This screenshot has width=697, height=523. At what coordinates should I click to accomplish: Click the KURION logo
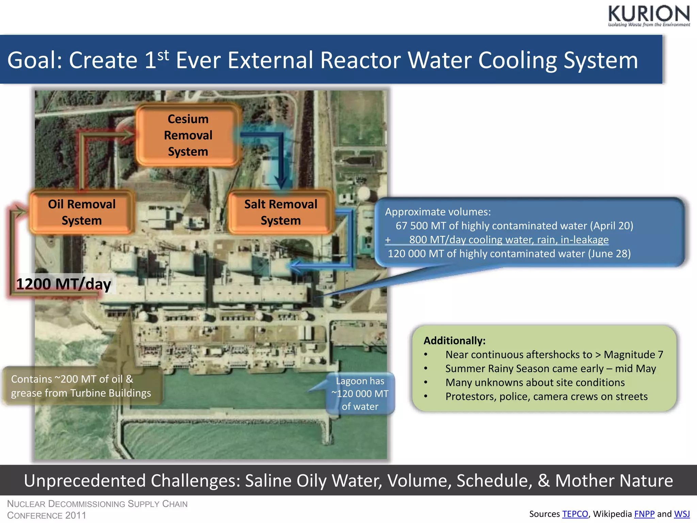click(x=648, y=15)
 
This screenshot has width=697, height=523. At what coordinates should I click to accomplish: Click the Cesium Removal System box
click(x=188, y=135)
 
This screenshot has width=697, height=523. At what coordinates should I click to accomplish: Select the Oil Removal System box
click(x=82, y=212)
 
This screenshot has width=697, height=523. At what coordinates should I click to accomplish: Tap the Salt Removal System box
click(x=280, y=212)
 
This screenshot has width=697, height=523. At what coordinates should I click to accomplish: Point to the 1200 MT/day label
click(x=64, y=284)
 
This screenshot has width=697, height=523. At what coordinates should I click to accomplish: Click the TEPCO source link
click(x=575, y=514)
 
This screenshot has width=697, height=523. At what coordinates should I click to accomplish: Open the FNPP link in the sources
click(x=644, y=514)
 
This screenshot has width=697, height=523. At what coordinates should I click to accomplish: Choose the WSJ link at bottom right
click(x=682, y=514)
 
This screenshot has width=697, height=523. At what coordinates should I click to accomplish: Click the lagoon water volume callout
click(x=360, y=394)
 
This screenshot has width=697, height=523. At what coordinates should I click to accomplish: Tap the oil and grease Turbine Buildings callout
click(x=81, y=386)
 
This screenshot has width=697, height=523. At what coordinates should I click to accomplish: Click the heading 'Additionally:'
click(x=454, y=340)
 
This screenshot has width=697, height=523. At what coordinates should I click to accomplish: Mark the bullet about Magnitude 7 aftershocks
click(x=554, y=355)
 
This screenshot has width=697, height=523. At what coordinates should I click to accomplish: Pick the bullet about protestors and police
click(x=546, y=397)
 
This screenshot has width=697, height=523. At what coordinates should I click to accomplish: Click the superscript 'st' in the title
click(x=163, y=54)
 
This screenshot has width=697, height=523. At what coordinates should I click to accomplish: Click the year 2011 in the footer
click(x=76, y=515)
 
